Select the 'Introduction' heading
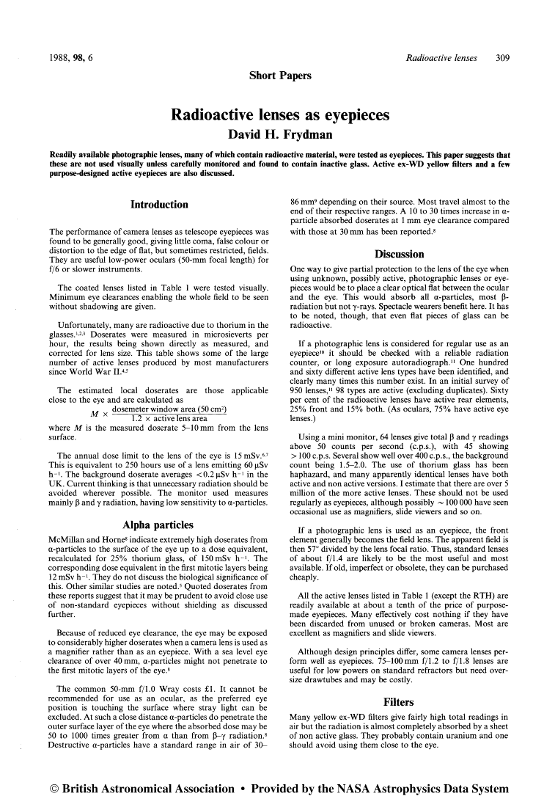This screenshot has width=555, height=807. click(159, 205)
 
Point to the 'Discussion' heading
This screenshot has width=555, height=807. click(400, 255)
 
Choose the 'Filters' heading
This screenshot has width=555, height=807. click(400, 701)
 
